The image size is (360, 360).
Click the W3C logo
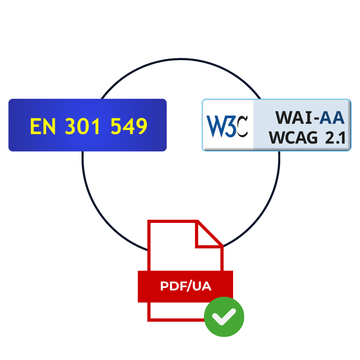[227, 126]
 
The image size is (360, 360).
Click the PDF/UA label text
[186, 286]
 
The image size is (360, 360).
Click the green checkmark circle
[224, 316]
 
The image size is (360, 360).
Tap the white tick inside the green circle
[224, 316]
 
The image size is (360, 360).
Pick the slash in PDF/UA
[189, 286]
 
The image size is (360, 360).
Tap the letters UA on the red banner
[202, 286]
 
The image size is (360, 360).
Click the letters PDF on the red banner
[173, 286]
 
